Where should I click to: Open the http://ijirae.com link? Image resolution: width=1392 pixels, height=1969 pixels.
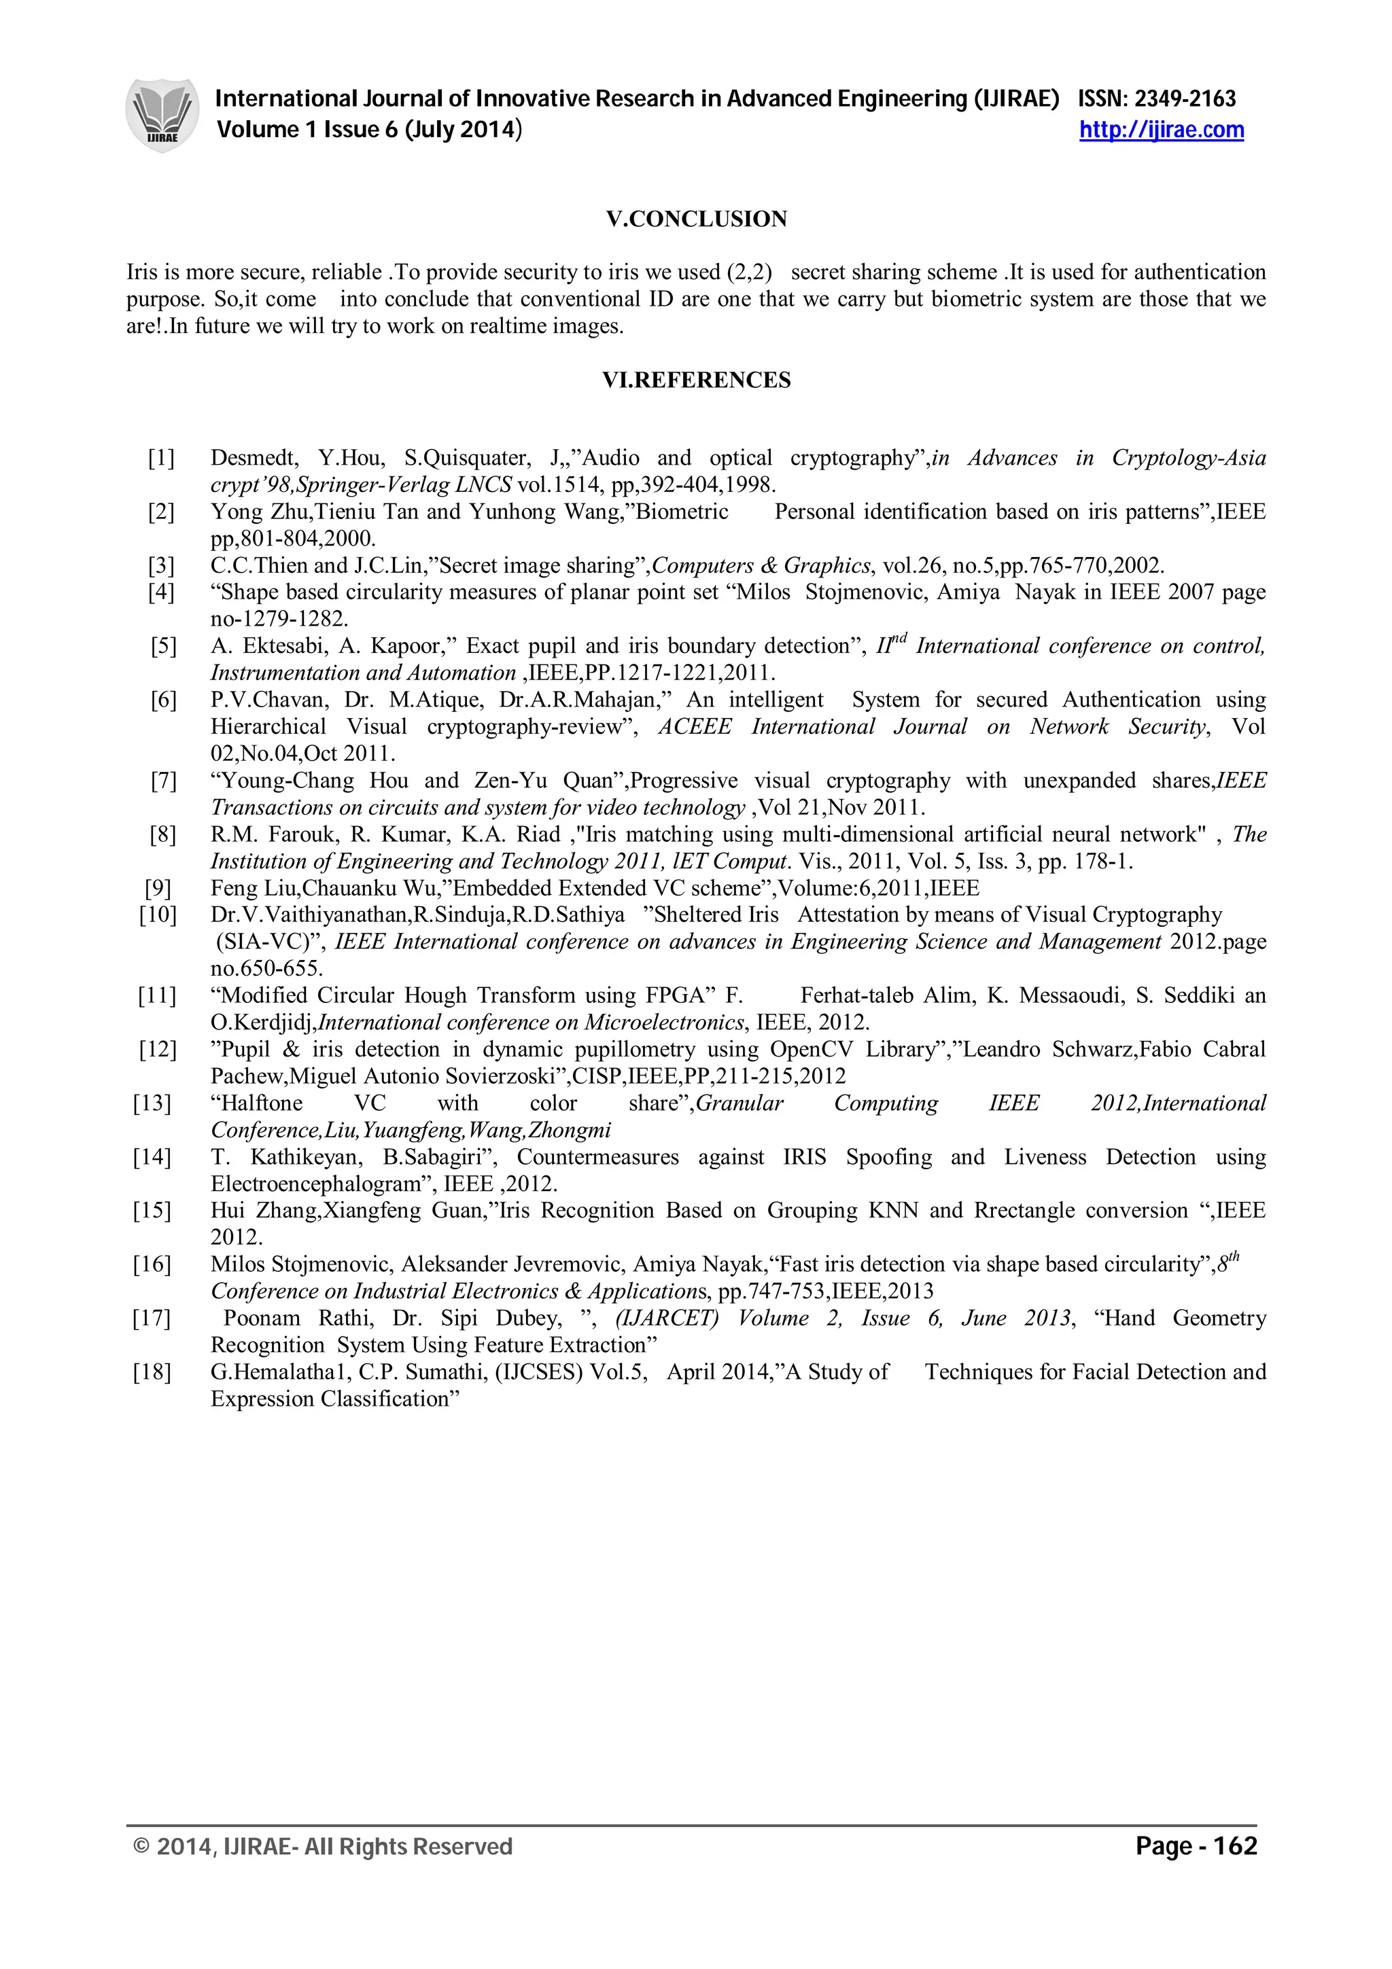1162,130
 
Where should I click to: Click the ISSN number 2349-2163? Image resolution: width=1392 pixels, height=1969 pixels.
1185,99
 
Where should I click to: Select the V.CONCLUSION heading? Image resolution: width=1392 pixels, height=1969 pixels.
697,219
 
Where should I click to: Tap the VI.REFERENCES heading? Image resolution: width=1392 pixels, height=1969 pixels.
697,380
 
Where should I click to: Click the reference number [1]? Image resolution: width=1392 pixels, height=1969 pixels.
161,459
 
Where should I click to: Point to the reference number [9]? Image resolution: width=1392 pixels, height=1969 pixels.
158,889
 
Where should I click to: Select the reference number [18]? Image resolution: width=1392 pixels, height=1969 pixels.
152,1372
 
